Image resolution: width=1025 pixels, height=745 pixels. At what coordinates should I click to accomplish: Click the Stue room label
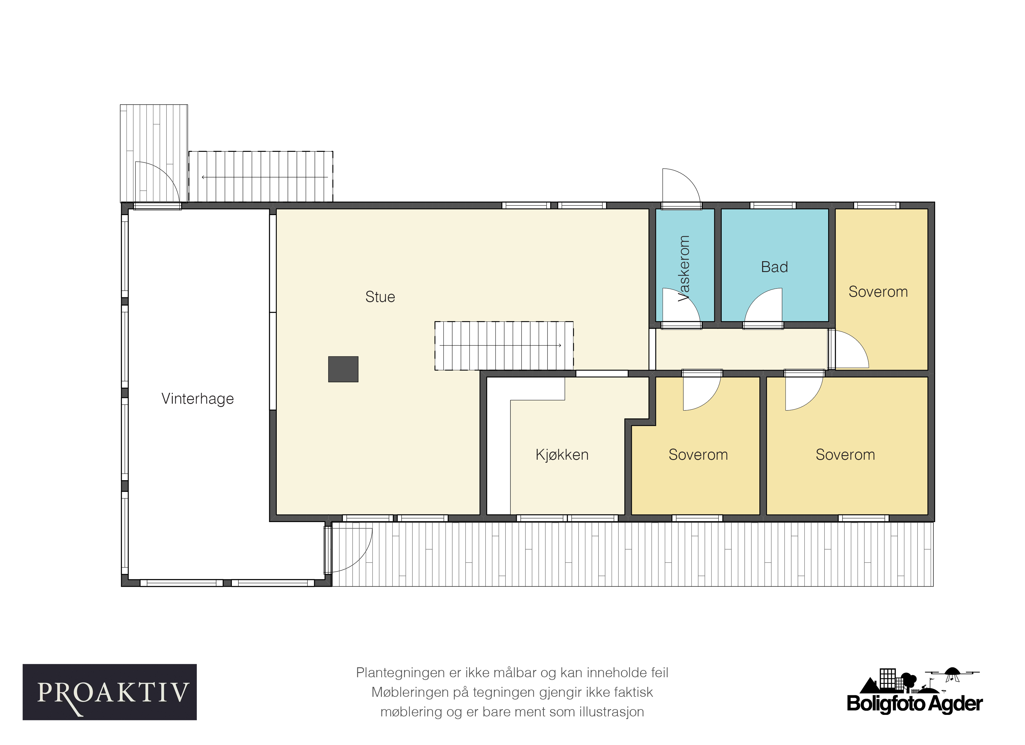(x=380, y=297)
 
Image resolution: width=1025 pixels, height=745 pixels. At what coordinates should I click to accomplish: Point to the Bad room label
(x=774, y=267)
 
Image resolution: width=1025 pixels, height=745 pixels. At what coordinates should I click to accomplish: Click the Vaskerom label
(x=684, y=268)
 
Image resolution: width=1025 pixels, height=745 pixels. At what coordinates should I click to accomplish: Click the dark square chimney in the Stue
(x=343, y=369)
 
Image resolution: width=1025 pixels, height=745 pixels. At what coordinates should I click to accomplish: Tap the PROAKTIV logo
(x=110, y=692)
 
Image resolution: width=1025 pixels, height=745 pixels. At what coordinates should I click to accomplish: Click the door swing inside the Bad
(x=763, y=306)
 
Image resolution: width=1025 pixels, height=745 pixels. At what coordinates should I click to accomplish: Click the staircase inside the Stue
(x=504, y=346)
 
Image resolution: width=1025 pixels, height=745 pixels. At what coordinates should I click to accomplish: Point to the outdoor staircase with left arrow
(x=261, y=177)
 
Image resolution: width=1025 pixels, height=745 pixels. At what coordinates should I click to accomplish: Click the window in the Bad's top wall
(x=773, y=205)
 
